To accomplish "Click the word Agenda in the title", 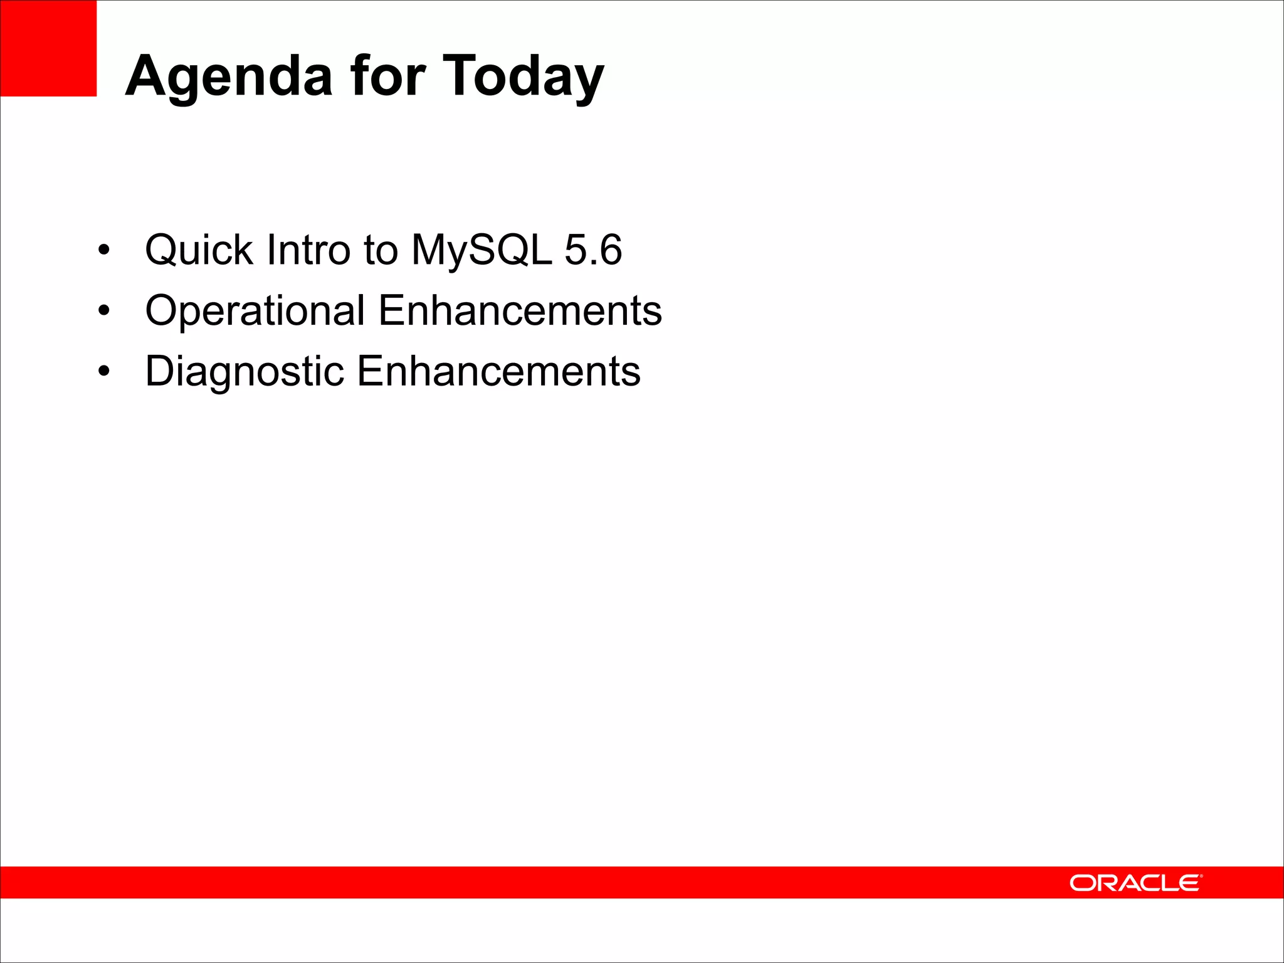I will tap(229, 76).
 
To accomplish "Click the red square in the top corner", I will tap(48, 48).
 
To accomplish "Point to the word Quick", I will tap(199, 250).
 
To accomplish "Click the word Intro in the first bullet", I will tap(308, 250).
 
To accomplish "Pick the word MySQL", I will tap(481, 250).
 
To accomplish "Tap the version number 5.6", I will tap(593, 250).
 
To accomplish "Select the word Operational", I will tap(255, 311).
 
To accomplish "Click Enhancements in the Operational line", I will tap(520, 311).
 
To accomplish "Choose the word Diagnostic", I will tap(245, 371).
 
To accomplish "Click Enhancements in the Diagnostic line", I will tap(498, 371).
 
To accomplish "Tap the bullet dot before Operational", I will tap(104, 311).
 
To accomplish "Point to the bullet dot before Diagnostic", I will tap(104, 371).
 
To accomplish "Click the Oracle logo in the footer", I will tap(1135, 883).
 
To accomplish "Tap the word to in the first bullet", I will tap(381, 250).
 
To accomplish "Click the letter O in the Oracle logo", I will tap(1082, 883).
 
